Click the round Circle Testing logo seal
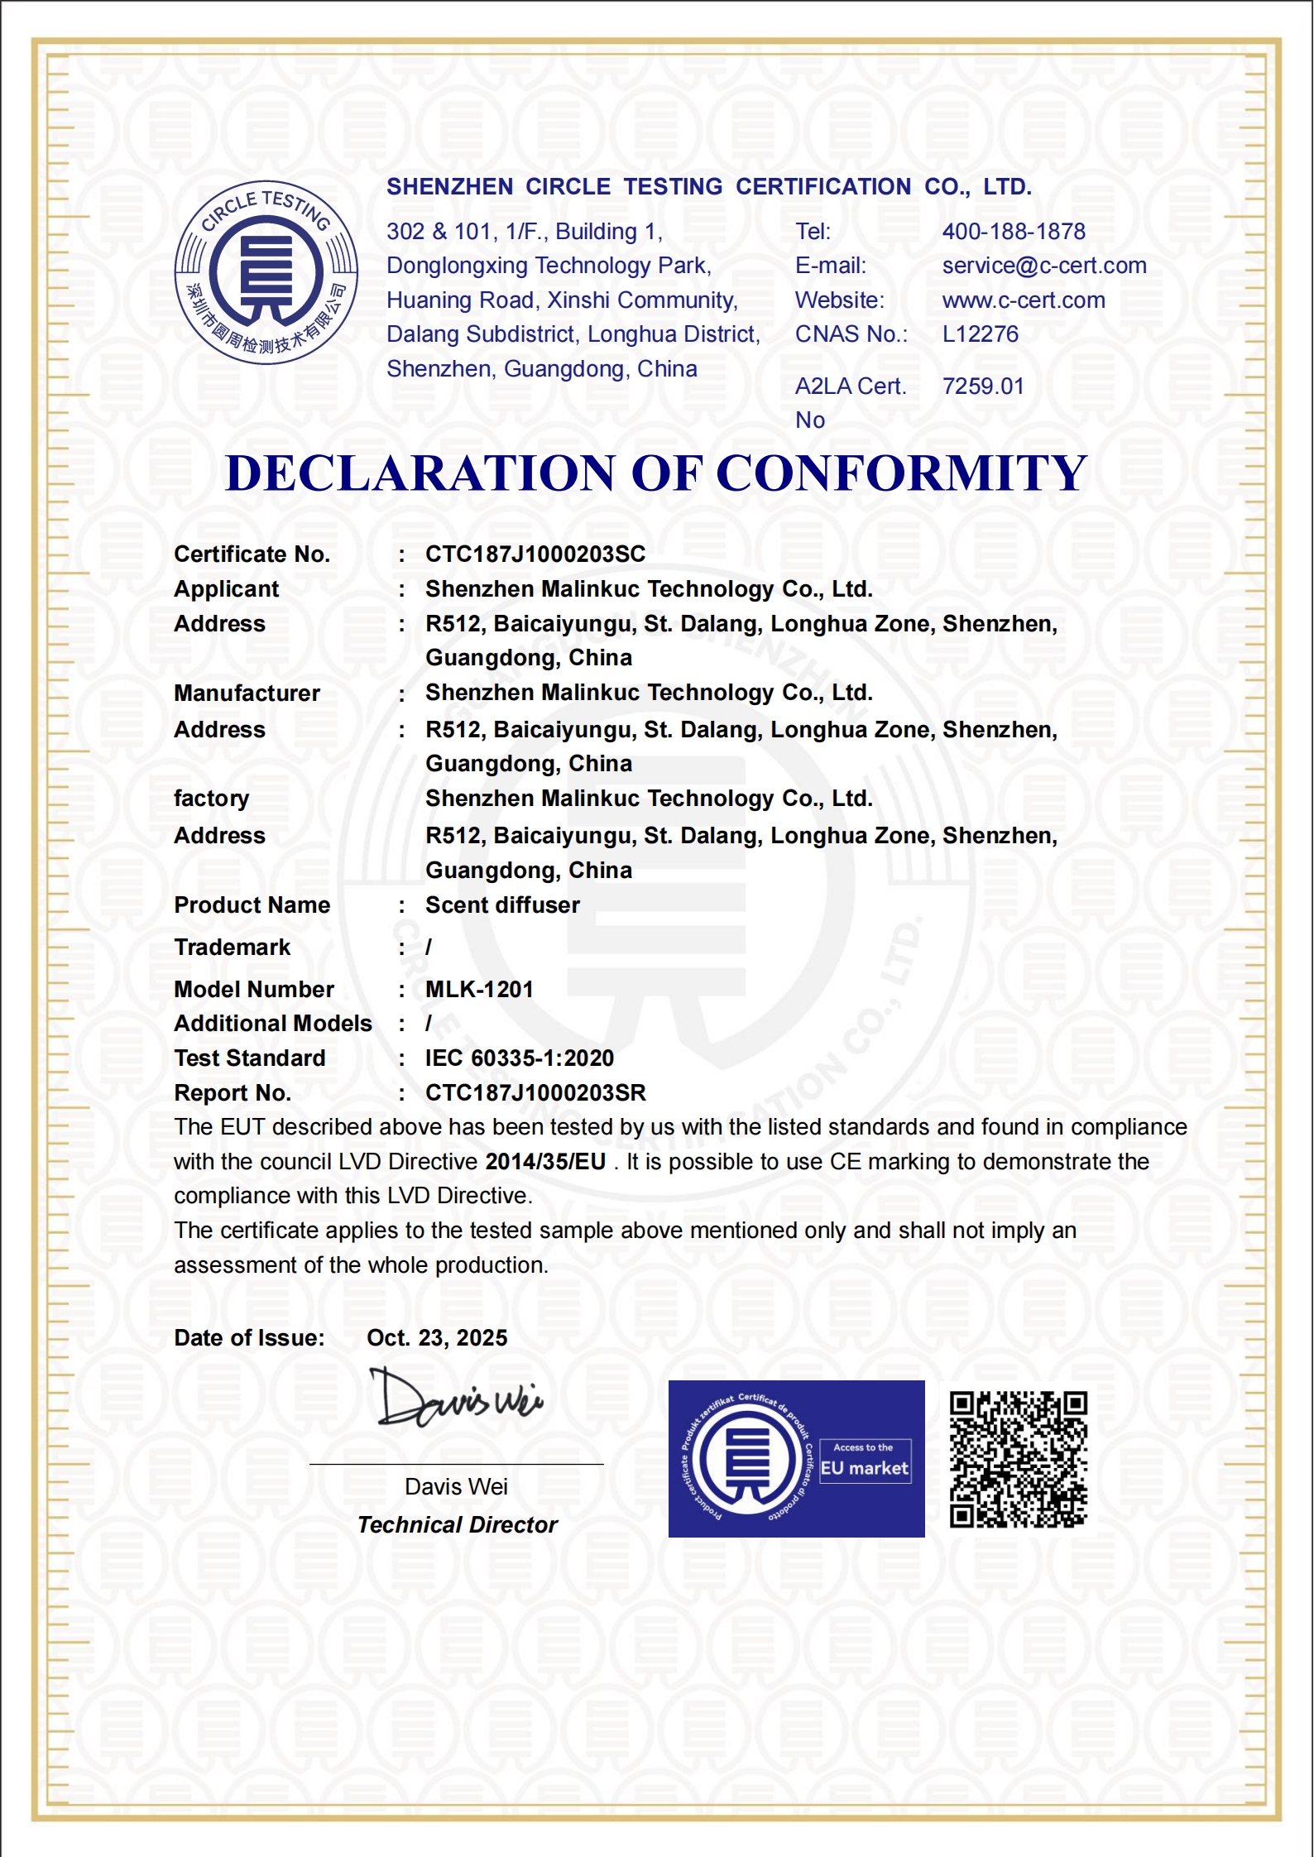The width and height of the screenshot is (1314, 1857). pyautogui.click(x=266, y=272)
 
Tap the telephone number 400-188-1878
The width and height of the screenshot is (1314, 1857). pyautogui.click(x=1014, y=232)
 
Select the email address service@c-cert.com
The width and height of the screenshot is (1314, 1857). pyautogui.click(x=1044, y=266)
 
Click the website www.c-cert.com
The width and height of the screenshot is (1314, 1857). pyautogui.click(x=1024, y=300)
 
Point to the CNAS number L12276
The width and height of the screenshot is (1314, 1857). pyautogui.click(x=981, y=334)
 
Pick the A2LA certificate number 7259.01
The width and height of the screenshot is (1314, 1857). pyautogui.click(x=983, y=386)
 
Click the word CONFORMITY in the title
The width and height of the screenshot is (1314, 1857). pyautogui.click(x=901, y=473)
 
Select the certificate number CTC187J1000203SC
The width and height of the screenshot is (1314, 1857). pyautogui.click(x=535, y=554)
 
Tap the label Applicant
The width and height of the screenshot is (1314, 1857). pyautogui.click(x=227, y=589)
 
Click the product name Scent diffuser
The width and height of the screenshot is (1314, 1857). pyautogui.click(x=502, y=905)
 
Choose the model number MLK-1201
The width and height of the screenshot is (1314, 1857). pyautogui.click(x=479, y=990)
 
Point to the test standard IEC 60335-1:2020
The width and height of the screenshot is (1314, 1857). pyautogui.click(x=520, y=1058)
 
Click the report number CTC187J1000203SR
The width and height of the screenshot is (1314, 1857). pyautogui.click(x=535, y=1093)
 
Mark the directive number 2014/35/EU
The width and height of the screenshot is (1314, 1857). pyautogui.click(x=545, y=1162)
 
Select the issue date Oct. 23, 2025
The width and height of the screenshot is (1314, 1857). pyautogui.click(x=437, y=1338)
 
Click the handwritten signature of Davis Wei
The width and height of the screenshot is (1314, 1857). pyautogui.click(x=458, y=1399)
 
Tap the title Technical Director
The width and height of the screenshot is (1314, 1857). pyautogui.click(x=458, y=1525)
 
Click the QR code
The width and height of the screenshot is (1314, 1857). pyautogui.click(x=1019, y=1459)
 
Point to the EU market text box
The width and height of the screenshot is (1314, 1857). pyautogui.click(x=865, y=1461)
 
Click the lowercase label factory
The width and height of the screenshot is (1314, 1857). pyautogui.click(x=211, y=799)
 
